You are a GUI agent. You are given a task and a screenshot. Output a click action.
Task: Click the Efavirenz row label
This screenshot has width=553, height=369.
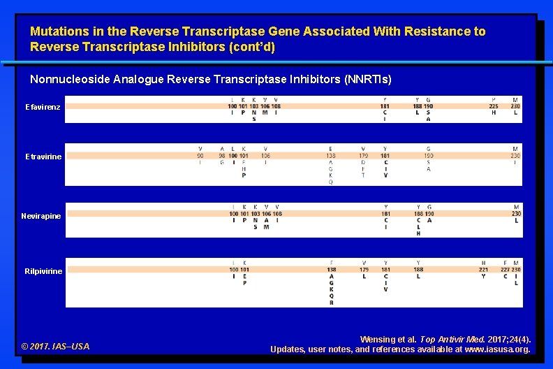43,107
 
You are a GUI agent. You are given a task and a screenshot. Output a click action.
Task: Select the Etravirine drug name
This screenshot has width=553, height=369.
43,157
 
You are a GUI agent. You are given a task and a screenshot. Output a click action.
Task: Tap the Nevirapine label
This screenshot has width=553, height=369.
41,216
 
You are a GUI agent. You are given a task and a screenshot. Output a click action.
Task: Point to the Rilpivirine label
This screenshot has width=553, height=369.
43,271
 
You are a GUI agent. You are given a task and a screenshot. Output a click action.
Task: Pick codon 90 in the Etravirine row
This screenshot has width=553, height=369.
200,156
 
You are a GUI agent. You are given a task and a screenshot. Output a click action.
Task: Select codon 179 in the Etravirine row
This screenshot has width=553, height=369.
364,156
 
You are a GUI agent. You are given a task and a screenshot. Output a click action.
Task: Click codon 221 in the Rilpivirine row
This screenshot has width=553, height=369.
483,269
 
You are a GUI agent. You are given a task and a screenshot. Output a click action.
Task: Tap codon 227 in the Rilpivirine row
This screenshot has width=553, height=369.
505,269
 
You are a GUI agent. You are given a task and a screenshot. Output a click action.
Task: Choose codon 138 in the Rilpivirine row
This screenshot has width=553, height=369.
331,269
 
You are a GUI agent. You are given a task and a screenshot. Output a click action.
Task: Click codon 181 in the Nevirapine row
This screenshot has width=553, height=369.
385,214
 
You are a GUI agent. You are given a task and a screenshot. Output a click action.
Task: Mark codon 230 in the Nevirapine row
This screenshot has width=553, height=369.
516,214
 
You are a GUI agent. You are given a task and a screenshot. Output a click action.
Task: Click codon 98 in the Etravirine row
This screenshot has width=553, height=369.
222,156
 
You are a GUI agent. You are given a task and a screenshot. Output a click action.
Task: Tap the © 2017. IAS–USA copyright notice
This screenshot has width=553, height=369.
56,346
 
